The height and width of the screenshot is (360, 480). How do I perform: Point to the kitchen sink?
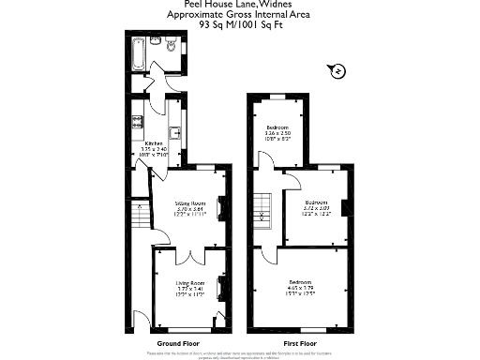pyautogui.click(x=174, y=132)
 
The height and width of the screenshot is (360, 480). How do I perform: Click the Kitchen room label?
pyautogui.click(x=154, y=143)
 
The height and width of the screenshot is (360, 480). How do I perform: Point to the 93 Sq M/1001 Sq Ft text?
pyautogui.click(x=240, y=25)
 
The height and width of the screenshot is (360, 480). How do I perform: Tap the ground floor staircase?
pyautogui.click(x=140, y=218)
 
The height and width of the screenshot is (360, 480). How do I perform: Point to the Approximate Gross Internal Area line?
pyautogui.click(x=240, y=15)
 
